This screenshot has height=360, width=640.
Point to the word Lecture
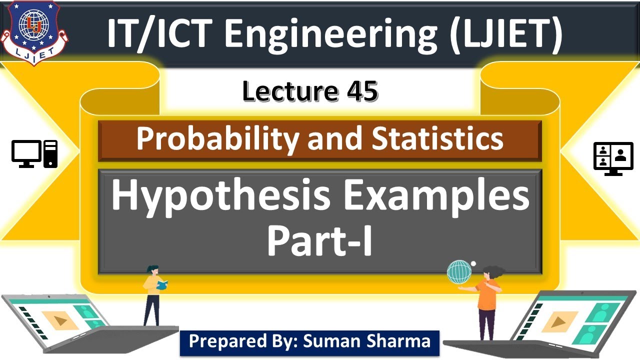[288, 92]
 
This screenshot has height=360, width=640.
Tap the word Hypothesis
[220, 196]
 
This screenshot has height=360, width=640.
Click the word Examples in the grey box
[434, 196]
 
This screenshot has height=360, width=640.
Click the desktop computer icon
[34, 153]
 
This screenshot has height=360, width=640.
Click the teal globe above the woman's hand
[459, 272]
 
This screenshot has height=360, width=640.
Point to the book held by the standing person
[162, 285]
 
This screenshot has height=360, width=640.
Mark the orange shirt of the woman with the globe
[486, 295]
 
